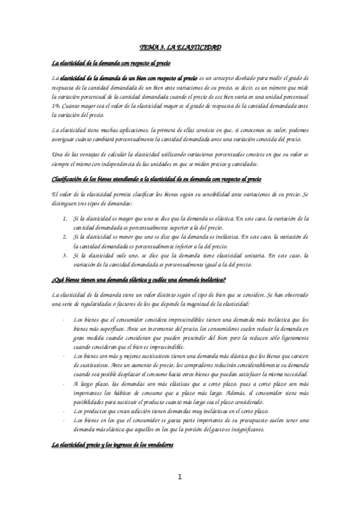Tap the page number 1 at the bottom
[x=179, y=477]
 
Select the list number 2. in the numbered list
[x=65, y=237]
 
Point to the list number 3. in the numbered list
[x=65, y=256]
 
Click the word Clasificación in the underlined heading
[x=68, y=179]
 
